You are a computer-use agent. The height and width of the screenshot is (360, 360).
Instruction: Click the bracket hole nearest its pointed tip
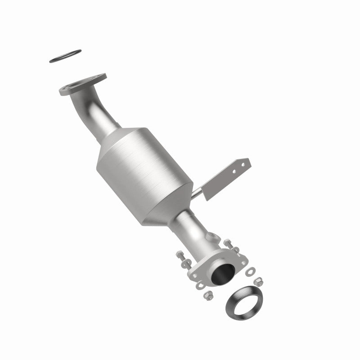(x=243, y=165)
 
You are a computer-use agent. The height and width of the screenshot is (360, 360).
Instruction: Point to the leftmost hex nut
(x=208, y=295)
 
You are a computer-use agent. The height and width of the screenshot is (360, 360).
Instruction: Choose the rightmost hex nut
(x=259, y=281)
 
